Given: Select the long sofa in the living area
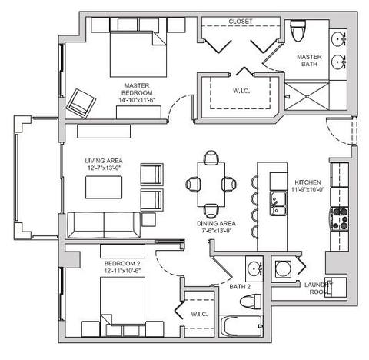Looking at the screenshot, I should coord(105,224).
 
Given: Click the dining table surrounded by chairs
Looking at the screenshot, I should coord(210,184).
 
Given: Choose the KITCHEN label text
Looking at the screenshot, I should coord(307,183).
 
